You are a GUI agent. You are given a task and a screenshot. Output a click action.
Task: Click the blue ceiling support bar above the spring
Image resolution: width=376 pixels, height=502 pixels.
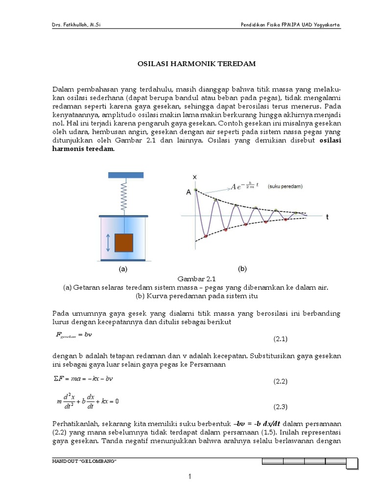pos(126,175)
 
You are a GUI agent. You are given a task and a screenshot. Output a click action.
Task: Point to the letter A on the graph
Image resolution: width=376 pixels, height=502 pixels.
pos(188,193)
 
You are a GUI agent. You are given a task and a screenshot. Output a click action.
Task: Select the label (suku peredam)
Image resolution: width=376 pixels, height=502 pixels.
pos(285,187)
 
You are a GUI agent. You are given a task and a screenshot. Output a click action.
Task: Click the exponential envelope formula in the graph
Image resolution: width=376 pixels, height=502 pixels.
pos(245,186)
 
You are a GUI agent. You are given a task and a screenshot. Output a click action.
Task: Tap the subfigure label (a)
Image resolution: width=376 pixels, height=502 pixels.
pos(123,269)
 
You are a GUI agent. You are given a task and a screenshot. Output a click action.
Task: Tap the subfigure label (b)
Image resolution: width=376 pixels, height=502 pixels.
pos(242,269)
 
